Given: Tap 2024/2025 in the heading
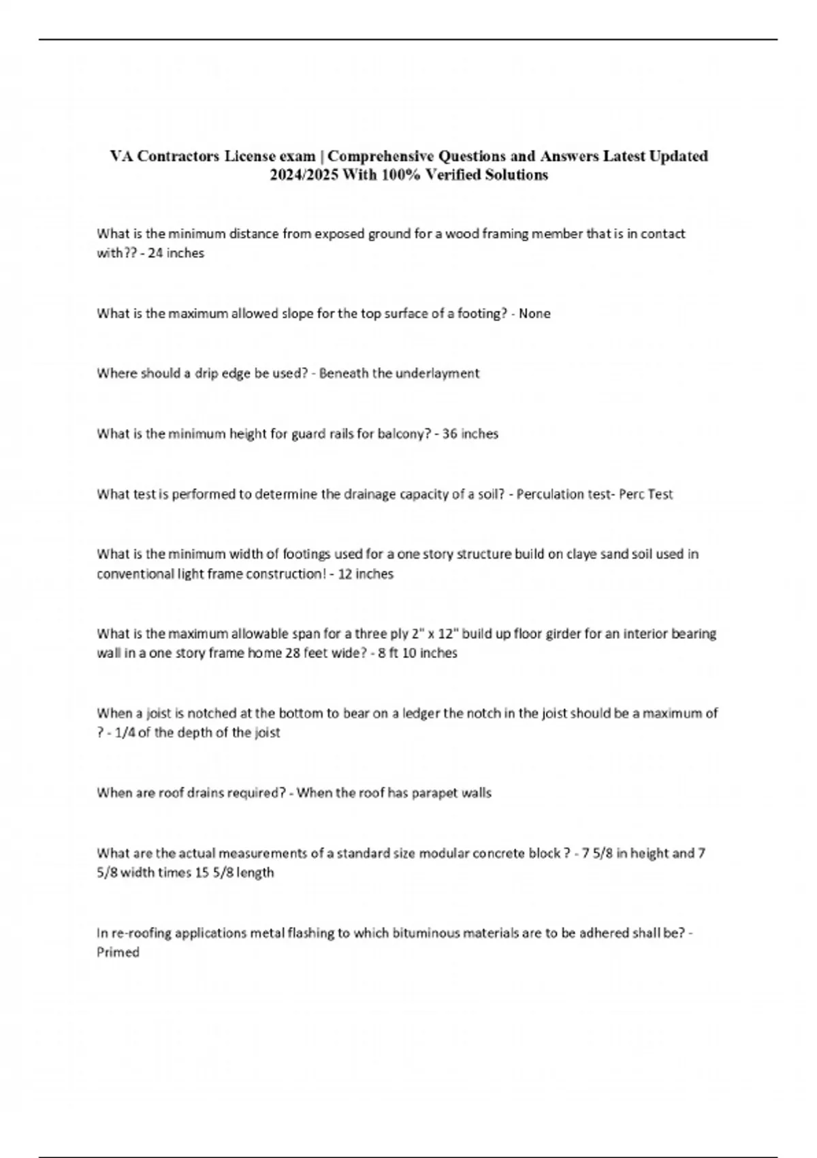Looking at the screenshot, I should coord(304,175).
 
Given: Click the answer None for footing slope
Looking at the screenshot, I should coord(534,313).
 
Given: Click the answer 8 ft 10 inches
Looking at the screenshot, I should coord(419,653).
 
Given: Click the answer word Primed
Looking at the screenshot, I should coord(118,952).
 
